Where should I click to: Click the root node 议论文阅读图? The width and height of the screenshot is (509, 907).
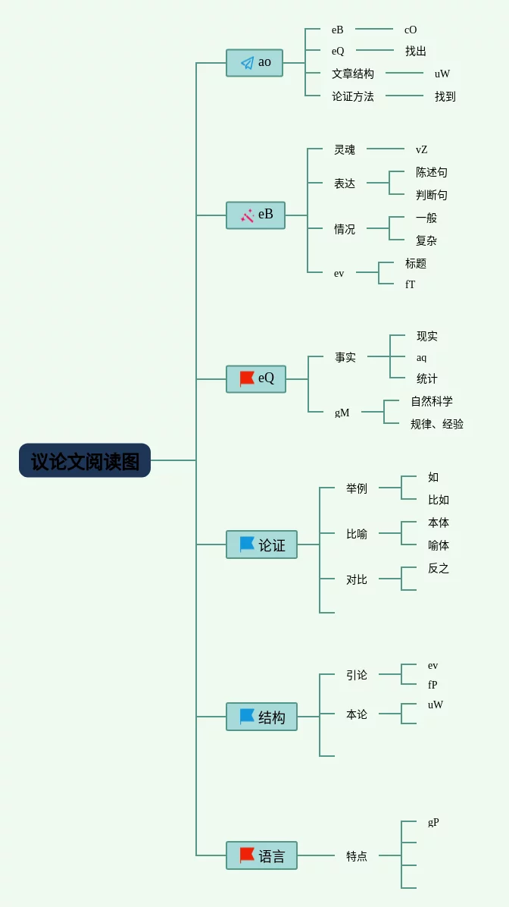point(85,460)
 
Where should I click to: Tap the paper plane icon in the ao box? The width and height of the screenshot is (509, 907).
point(247,63)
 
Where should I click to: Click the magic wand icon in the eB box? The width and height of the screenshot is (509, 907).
point(247,215)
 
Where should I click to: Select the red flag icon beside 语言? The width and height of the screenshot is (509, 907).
point(247,855)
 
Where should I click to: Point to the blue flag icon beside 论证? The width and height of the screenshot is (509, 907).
point(247,545)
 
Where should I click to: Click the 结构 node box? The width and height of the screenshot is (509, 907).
point(261,717)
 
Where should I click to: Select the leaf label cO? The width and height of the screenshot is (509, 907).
point(411,30)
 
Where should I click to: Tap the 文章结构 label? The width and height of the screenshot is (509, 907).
point(353,74)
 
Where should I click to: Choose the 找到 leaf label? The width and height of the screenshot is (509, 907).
point(445,96)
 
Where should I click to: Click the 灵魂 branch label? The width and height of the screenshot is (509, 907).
point(345,149)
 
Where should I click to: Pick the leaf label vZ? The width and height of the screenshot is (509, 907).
point(422,149)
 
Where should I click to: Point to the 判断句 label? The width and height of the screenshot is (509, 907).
point(432,195)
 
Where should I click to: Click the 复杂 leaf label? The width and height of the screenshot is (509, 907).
point(426,240)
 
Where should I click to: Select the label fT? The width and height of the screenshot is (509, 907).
point(411,284)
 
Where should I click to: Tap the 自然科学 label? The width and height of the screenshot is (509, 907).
point(432,401)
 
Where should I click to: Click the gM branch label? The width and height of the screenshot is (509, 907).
point(342,413)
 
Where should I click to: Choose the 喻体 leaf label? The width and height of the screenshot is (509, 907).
point(439,545)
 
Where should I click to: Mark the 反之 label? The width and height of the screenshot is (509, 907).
point(439,568)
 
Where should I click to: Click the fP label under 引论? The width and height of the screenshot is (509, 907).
point(432,685)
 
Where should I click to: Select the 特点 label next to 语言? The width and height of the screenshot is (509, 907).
point(357,855)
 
